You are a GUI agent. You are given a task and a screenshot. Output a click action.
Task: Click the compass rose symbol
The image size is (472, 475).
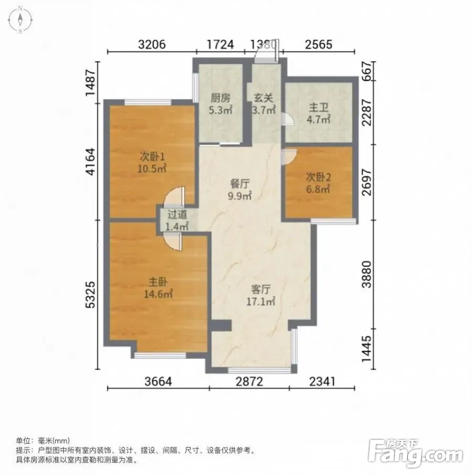pos(20,20)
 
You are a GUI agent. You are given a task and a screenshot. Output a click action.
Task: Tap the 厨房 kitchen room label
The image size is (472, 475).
pos(220,98)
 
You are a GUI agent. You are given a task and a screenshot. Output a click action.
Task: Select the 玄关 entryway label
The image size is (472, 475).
pos(263,98)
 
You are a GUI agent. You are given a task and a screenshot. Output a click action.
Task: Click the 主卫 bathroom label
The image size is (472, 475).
pos(318,107)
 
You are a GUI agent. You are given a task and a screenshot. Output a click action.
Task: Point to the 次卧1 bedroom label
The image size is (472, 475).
pos(152,156)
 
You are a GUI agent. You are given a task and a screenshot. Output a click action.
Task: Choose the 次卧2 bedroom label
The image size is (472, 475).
pos(318,176)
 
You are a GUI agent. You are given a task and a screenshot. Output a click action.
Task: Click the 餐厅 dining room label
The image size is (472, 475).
pos(240,184)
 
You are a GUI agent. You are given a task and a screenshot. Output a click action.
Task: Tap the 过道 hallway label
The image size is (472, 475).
pos(177,215)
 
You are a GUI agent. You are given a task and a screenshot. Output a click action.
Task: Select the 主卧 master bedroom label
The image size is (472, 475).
pos(158,282)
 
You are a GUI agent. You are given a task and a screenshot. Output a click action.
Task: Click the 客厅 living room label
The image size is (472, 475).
pos(261,290)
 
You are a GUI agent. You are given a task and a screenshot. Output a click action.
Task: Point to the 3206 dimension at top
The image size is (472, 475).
pos(152,45)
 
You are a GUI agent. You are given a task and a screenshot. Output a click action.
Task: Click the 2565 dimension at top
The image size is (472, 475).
pos(319,45)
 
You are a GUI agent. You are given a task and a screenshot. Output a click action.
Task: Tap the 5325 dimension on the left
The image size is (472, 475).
pos(91,295)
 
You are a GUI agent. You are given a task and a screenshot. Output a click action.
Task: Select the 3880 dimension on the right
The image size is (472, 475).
pos(367,275)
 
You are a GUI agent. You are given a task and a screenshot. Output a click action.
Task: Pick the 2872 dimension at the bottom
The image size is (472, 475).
pos(250,382)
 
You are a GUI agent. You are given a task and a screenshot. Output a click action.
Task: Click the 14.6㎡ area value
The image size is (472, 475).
pos(158,294)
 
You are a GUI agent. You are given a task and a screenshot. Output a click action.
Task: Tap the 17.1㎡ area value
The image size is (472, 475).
pos(261,301)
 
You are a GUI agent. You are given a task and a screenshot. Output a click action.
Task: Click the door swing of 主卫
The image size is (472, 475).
pos(288,119)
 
